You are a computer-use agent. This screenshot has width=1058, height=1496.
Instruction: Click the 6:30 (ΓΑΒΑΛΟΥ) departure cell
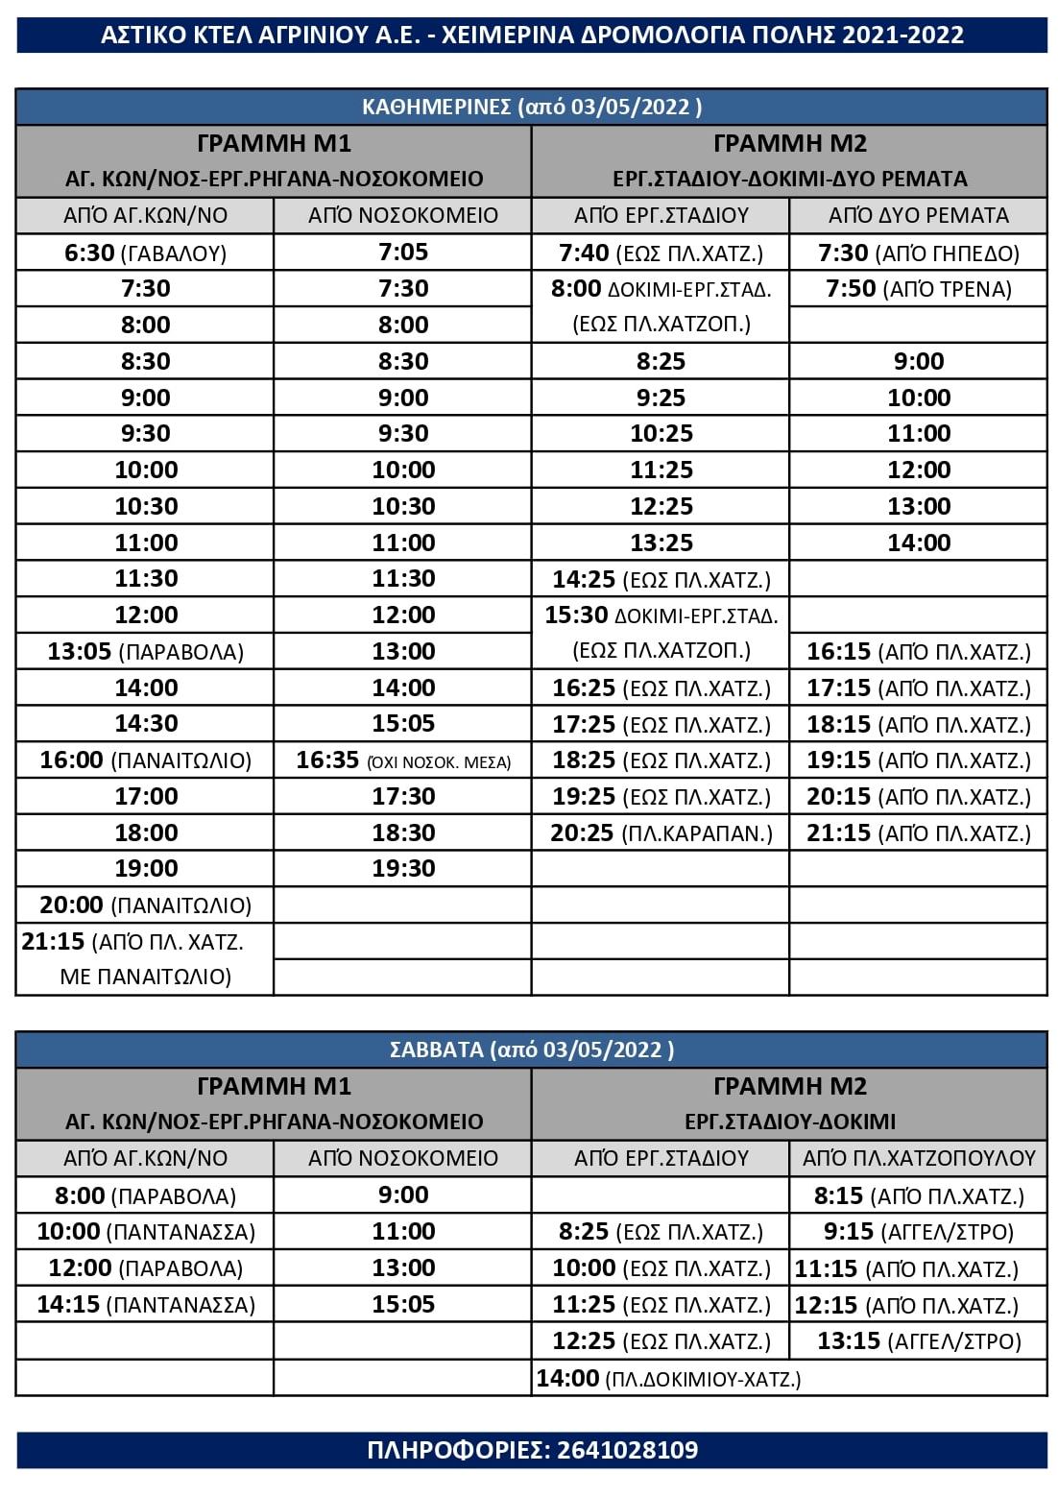coord(145,253)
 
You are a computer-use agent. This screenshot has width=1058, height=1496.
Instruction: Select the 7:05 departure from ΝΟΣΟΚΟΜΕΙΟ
coord(403,253)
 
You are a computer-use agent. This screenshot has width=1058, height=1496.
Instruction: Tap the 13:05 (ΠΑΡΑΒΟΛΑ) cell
coord(145,652)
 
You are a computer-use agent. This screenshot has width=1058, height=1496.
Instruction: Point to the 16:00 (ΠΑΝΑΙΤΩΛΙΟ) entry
coord(145,760)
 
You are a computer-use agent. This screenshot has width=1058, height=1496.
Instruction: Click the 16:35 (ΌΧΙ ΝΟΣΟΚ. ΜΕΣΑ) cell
coord(403,760)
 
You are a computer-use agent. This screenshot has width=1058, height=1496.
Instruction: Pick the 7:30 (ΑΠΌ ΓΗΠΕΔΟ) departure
coord(918,253)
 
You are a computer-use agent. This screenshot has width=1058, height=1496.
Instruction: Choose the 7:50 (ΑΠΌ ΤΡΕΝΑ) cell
coord(918,289)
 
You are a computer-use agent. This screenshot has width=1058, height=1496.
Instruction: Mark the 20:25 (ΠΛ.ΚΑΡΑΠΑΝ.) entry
coord(661,833)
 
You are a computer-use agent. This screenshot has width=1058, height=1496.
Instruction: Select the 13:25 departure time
coord(661,543)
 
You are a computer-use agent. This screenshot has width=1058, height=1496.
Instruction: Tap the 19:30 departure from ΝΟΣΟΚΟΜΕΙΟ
coord(403,868)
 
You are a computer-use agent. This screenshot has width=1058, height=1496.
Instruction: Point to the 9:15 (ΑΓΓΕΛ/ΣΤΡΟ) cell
coord(918,1232)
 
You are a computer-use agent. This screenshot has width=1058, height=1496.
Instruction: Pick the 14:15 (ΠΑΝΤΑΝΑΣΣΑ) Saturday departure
coord(145,1305)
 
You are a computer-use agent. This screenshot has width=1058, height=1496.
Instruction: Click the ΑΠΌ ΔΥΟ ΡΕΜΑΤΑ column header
coord(918,215)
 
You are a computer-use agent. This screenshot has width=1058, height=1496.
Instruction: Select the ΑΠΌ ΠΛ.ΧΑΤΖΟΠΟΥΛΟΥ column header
coord(918,1158)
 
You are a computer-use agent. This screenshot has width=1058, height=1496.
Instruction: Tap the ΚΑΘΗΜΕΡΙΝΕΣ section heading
coord(531,107)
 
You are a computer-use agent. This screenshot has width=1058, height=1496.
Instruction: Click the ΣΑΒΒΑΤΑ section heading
coord(531,1050)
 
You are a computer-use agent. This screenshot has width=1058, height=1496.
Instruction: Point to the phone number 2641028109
coord(628,1450)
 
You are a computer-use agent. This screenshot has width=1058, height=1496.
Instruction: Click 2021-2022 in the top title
coord(902,36)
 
